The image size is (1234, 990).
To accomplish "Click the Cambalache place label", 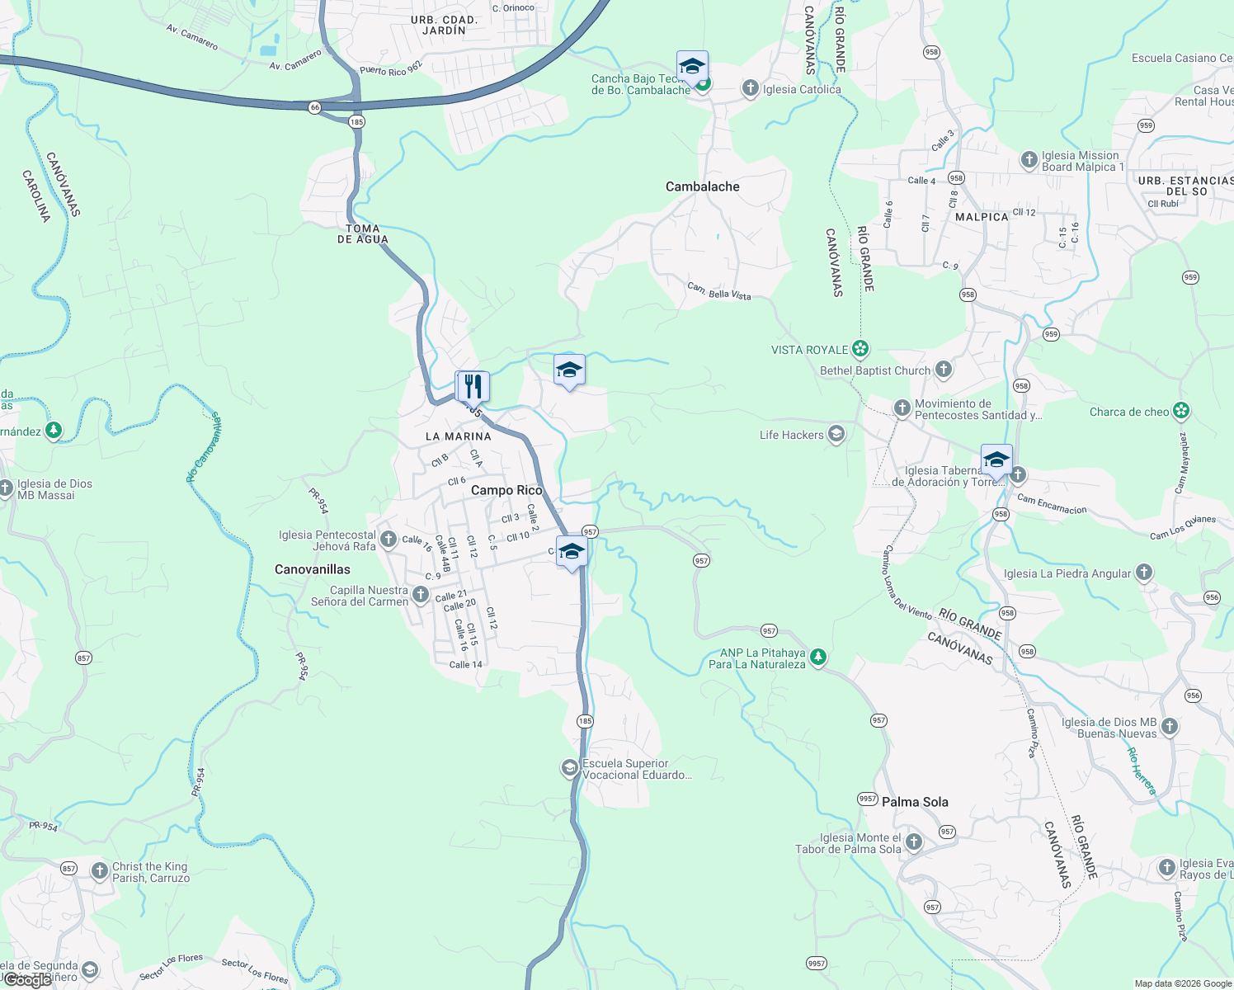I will tap(702, 187).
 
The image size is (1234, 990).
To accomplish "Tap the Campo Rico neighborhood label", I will tap(506, 491).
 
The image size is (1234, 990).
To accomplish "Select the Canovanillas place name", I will tap(312, 570).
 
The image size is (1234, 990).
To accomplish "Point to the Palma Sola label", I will tap(915, 802).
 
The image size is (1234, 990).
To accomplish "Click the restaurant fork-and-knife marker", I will tap(473, 385).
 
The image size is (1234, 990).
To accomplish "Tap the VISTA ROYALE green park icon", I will tap(860, 350).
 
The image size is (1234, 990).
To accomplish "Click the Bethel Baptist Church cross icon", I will tap(944, 370).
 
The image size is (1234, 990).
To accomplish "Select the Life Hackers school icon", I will tap(836, 435).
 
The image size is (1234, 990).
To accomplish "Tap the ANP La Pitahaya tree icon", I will tap(817, 658).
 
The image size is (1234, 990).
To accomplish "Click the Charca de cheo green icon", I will tap(1181, 411).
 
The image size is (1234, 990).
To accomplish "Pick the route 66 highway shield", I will tap(314, 107).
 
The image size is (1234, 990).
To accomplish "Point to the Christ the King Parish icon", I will tap(99, 870).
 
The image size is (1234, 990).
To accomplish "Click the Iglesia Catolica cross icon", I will tap(750, 88).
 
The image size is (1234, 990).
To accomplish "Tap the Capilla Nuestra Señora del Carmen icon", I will tap(421, 595).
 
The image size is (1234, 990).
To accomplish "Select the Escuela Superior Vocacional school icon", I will tap(569, 769).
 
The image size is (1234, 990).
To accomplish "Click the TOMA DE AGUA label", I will tap(362, 234).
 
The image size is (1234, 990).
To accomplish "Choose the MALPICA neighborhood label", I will tap(982, 217).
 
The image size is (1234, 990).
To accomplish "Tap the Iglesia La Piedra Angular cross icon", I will tap(1143, 573).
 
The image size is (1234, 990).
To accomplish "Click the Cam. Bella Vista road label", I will tap(719, 291).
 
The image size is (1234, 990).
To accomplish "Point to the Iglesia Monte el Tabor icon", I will tap(914, 842).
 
